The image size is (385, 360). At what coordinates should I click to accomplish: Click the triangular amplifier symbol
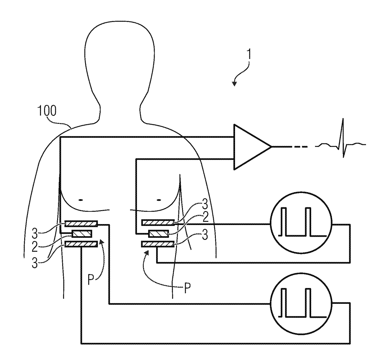[250, 147]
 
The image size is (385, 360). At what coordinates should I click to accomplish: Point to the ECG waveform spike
[343, 137]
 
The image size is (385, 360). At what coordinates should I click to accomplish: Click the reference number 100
[47, 111]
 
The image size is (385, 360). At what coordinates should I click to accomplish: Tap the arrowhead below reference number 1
[234, 83]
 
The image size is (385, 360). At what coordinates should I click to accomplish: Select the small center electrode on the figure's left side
[82, 233]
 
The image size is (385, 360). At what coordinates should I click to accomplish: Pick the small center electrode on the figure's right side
[159, 233]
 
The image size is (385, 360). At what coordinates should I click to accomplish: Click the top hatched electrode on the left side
[81, 223]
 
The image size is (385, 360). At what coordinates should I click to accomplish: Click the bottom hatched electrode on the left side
[81, 245]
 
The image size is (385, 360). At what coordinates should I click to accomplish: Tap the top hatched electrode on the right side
[158, 222]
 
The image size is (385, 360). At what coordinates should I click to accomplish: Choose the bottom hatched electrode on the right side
[158, 245]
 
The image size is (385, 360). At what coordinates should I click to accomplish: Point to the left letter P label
[90, 280]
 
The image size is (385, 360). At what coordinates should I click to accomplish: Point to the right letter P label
[187, 288]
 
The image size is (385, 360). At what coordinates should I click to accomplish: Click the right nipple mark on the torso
[159, 200]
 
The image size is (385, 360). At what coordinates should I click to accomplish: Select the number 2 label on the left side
[35, 247]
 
